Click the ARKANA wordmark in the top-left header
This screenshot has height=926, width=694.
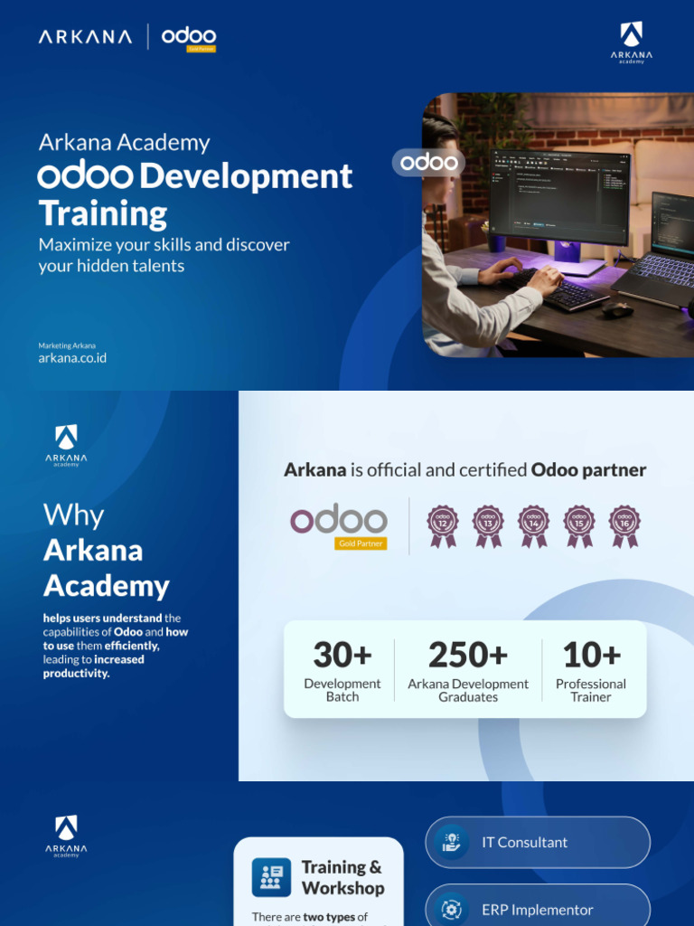(x=86, y=37)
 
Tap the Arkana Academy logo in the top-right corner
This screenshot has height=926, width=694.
(x=631, y=43)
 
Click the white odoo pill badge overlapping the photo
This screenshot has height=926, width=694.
(x=428, y=163)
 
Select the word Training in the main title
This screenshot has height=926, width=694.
(x=102, y=213)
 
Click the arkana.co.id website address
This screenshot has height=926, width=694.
(x=72, y=358)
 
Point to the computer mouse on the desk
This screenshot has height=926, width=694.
(x=617, y=308)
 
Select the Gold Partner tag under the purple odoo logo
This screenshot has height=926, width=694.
(x=361, y=543)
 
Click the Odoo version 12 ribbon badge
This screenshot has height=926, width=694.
(x=443, y=524)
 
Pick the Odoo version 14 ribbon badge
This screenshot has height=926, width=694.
(x=533, y=524)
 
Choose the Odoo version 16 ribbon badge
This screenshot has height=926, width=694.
(x=624, y=524)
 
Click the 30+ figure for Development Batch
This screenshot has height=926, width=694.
(x=342, y=655)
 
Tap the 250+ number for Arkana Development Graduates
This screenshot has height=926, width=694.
(x=468, y=655)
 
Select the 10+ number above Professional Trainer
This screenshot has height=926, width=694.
(x=591, y=655)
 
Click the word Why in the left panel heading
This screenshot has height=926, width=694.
(x=73, y=515)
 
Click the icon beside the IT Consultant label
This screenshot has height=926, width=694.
(x=451, y=842)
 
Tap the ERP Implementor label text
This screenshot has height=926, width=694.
(x=538, y=910)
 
